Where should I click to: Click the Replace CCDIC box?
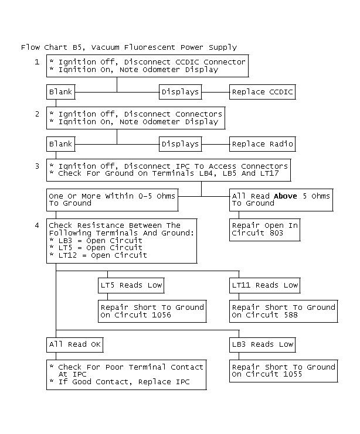click(263, 92)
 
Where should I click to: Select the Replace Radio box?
click(263, 144)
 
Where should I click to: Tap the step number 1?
click(37, 61)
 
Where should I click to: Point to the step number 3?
click(37, 166)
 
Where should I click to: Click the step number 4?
click(37, 225)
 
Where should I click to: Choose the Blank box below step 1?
click(61, 92)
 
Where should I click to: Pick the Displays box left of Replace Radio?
click(181, 144)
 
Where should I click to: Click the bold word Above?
click(286, 196)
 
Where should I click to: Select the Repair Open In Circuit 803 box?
click(264, 230)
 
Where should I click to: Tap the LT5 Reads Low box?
click(131, 285)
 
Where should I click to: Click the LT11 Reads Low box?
click(264, 285)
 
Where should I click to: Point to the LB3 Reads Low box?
click(263, 344)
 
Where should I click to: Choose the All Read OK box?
click(75, 344)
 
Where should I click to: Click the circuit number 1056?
click(162, 315)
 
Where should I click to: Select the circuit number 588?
click(291, 315)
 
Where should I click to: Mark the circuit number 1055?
click(293, 374)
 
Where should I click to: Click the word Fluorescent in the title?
click(150, 47)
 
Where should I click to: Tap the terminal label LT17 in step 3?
click(270, 173)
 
